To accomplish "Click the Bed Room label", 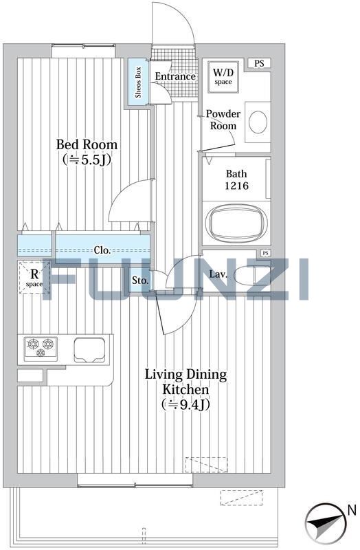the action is pos(87,144).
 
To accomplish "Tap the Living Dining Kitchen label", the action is pos(185,382).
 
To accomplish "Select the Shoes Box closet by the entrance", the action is pos(138,82).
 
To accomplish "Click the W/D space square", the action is pos(223,77).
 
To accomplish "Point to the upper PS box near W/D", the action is pos(259,63).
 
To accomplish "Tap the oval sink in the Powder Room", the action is pos(258,122).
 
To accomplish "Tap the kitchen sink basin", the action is pos(89,350).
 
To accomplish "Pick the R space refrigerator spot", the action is pos(34,278).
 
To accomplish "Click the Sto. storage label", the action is pos(140,280).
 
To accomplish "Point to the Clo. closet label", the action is pos(102,250).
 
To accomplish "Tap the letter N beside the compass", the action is pos(352,510).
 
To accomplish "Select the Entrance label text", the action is pos(175,76).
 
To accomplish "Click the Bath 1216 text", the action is pos(236,179).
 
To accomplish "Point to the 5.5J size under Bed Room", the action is pos(87,160).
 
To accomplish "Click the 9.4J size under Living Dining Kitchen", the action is pos(185,405).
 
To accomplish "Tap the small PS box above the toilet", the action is pos(266,253).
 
